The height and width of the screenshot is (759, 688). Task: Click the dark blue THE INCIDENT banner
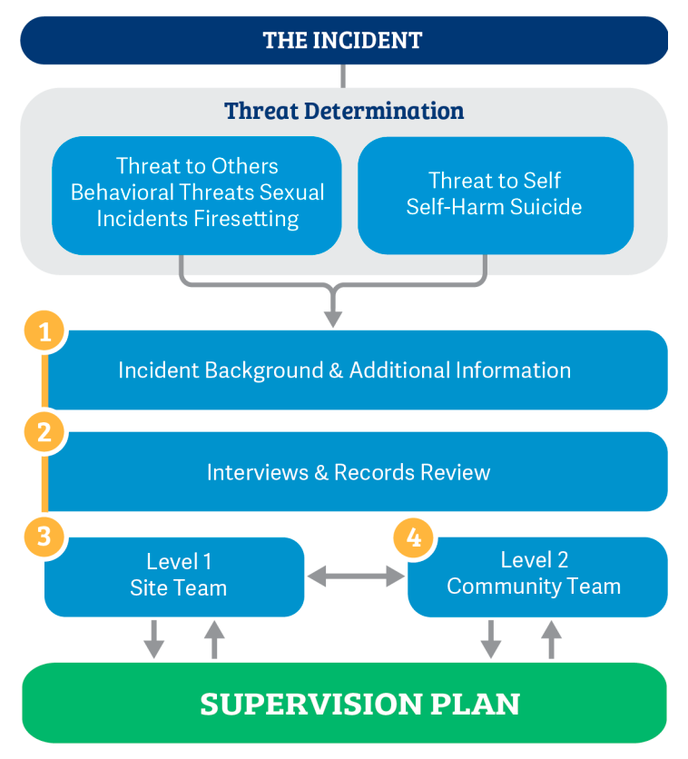[x=343, y=41]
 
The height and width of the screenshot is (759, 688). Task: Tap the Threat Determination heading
[x=344, y=111]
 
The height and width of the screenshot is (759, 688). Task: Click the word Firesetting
[x=248, y=219]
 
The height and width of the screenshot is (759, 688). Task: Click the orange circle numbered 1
[x=44, y=330]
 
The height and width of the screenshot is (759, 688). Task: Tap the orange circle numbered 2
[x=44, y=432]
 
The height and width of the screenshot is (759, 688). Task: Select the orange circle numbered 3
[x=44, y=536]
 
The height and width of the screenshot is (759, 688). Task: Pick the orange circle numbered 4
[x=413, y=537]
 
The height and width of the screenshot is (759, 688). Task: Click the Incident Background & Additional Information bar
[x=356, y=370]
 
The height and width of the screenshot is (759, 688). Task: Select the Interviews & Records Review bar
[x=356, y=472]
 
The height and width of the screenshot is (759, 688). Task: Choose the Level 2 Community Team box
[x=535, y=576]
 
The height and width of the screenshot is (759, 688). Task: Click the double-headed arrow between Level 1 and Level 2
[x=356, y=576]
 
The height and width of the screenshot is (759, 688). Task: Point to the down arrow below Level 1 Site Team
[x=154, y=639]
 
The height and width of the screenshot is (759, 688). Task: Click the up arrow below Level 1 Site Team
[x=214, y=639]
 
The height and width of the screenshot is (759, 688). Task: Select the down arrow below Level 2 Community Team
[x=491, y=639]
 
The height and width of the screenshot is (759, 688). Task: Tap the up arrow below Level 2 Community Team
[x=551, y=639]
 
